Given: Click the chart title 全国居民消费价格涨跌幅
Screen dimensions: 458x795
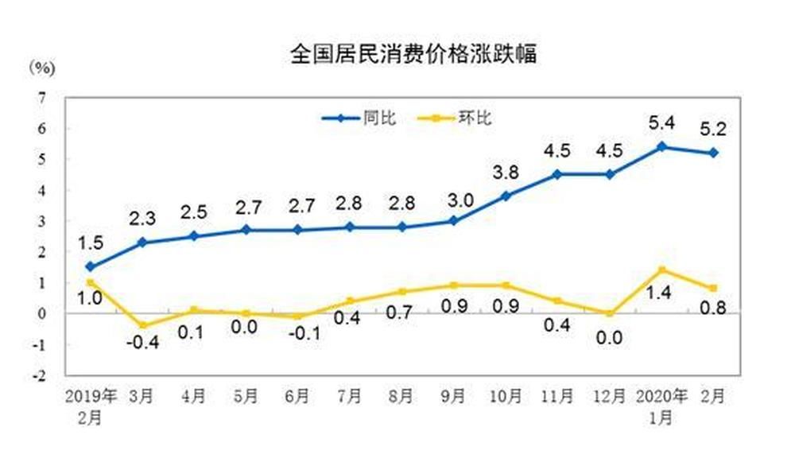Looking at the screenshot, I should coord(413,54).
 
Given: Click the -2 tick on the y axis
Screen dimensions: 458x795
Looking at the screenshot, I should coord(40,375).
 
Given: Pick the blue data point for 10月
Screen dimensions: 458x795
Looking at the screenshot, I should coord(506,196).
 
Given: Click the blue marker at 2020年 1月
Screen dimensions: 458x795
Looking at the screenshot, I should coord(662,146).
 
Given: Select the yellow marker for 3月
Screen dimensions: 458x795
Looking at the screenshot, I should coord(142,325).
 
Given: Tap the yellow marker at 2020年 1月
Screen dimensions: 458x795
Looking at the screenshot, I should coord(662,270).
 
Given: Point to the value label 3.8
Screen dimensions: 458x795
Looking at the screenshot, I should coord(506,173).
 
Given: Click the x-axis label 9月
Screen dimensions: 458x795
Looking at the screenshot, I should coord(454,395).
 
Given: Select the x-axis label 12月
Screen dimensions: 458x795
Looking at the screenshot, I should coord(610,395).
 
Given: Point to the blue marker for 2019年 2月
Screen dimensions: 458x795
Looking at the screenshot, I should coord(91,266).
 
